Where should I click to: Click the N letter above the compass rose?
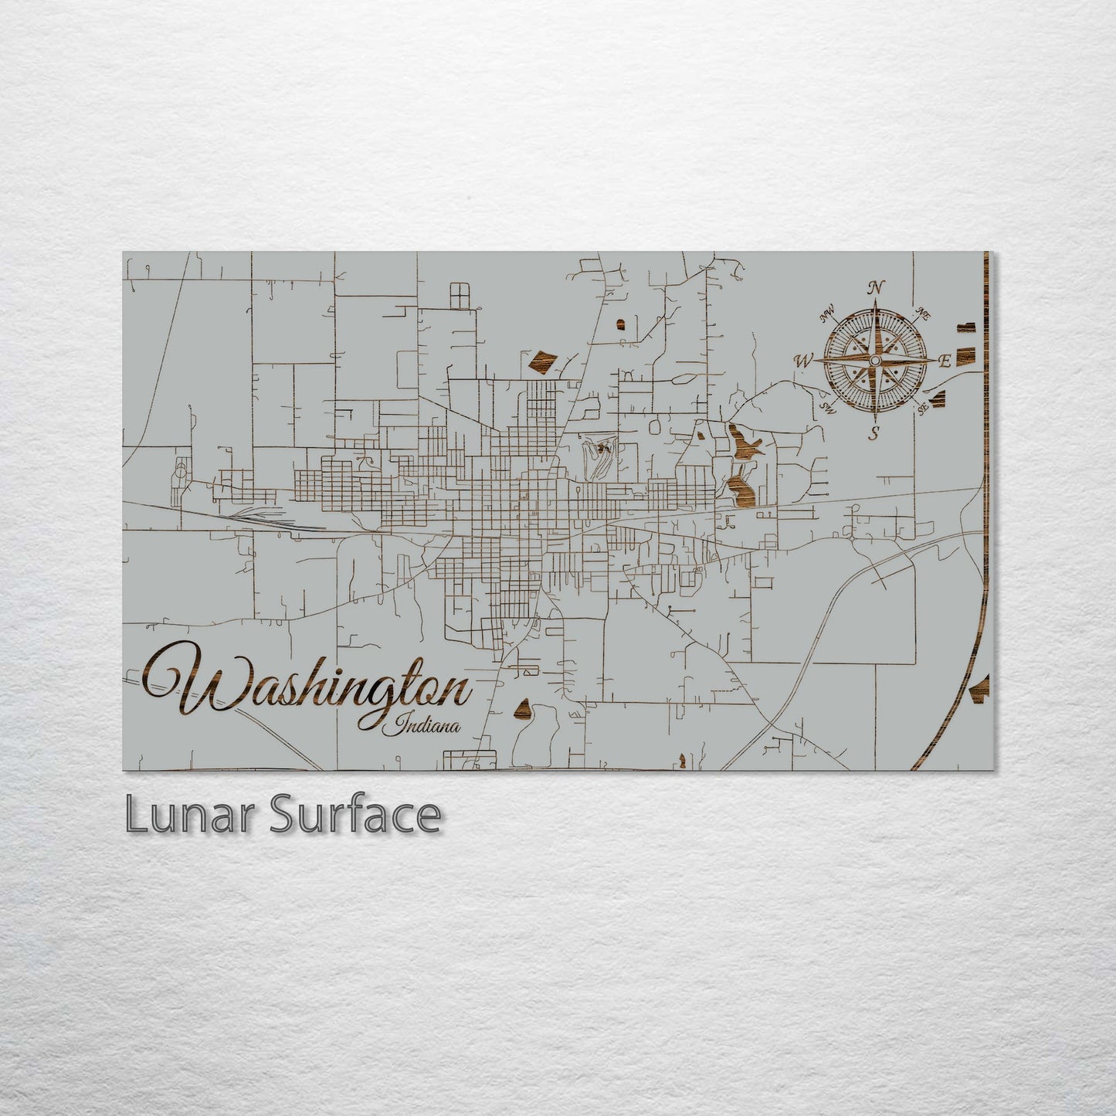(876, 287)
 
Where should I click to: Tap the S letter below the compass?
(873, 432)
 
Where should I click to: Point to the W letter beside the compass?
(804, 360)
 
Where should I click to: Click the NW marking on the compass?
(829, 314)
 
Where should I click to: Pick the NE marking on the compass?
(921, 314)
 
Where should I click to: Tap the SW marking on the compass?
(828, 407)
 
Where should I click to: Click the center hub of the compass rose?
(874, 361)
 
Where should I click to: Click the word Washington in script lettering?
(309, 687)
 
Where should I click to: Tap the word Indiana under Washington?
(427, 726)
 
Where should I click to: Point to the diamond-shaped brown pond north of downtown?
(543, 360)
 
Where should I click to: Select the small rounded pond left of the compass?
(619, 322)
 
